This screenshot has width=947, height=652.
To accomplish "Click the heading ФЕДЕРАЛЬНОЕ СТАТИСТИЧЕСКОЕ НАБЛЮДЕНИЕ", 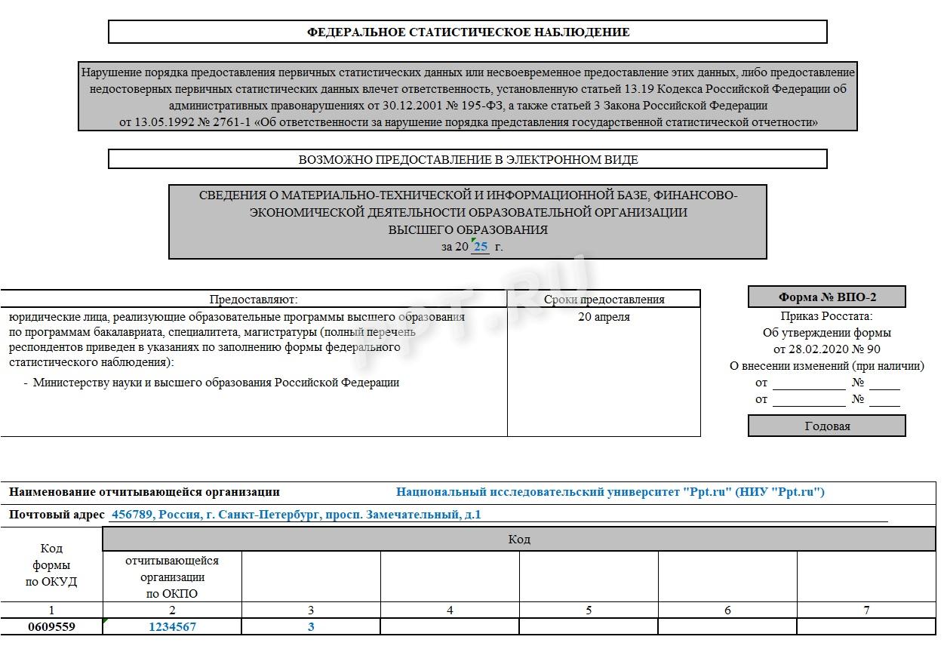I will tap(468, 32).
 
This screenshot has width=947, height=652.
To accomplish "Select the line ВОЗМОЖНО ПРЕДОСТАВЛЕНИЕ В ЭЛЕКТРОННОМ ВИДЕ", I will tap(468, 159).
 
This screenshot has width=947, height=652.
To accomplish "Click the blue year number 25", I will tap(481, 247).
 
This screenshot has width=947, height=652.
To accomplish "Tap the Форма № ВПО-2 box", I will tap(827, 297).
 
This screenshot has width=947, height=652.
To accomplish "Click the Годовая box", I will tap(827, 426).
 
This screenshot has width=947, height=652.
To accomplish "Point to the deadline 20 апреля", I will tap(604, 317).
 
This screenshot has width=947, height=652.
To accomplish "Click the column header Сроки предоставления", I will tap(604, 299).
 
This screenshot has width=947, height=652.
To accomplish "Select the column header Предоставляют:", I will tap(254, 299).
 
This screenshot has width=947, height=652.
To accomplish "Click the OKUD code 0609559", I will tap(51, 626).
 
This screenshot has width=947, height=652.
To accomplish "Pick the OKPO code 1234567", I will tap(172, 626).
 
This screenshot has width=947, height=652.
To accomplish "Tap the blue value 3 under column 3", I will tap(311, 626).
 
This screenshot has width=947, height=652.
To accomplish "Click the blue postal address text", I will tap(296, 515).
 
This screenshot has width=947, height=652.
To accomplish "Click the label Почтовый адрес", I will tap(57, 515).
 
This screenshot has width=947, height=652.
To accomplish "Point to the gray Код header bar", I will tap(519, 540).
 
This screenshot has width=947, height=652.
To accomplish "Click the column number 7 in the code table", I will tap(866, 610).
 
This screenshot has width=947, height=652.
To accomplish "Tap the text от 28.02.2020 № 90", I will tap(827, 349).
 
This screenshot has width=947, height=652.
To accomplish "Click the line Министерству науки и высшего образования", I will tap(216, 382).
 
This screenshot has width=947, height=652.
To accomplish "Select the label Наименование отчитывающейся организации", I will tap(144, 492).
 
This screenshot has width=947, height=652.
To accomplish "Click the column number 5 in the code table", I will tap(589, 610).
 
